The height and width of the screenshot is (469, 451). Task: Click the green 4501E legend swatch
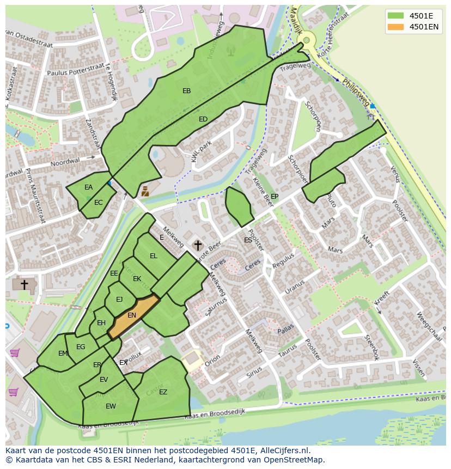[396, 15]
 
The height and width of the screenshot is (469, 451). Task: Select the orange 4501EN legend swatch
[396, 27]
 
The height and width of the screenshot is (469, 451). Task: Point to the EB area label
[187, 91]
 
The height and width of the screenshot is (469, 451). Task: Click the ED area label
[203, 119]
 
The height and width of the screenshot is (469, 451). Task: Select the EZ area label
[163, 392]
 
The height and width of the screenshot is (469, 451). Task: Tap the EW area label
[111, 406]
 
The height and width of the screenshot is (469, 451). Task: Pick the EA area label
[89, 187]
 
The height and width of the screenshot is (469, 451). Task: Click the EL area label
[154, 256]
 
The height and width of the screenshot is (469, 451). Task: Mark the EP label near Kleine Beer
[275, 197]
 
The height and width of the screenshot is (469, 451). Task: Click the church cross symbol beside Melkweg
[197, 246]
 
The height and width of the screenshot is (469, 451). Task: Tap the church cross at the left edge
[24, 284]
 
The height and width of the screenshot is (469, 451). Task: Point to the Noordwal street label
[65, 162]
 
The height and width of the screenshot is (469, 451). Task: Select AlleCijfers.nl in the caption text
[283, 450]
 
